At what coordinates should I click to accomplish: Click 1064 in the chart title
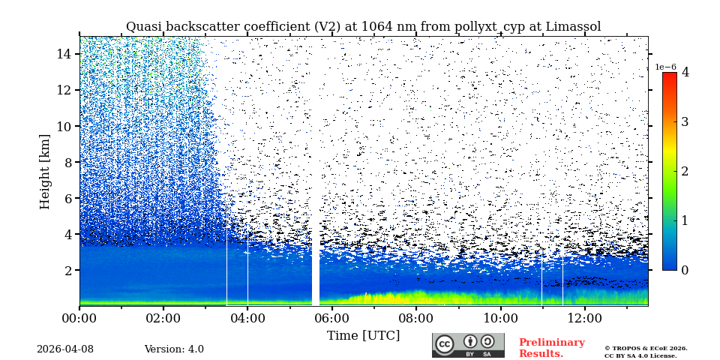click(377, 27)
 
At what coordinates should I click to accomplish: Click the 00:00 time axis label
click(79, 318)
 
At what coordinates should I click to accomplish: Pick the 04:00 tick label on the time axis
click(247, 318)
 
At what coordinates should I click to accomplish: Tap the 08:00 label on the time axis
click(415, 318)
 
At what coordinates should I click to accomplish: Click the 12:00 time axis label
click(583, 318)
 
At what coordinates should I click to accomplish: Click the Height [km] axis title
click(45, 172)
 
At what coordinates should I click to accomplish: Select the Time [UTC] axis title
click(363, 336)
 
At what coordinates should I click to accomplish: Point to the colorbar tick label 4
click(685, 73)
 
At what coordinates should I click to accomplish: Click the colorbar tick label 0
click(685, 270)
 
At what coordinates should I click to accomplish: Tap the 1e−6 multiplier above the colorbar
click(666, 67)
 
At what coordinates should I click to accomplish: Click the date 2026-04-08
click(65, 349)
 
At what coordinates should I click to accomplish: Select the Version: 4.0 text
click(174, 349)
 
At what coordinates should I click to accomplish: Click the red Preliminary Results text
click(551, 348)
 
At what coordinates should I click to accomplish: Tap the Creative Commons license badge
click(468, 345)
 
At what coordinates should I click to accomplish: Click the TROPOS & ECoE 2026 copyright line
click(646, 348)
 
